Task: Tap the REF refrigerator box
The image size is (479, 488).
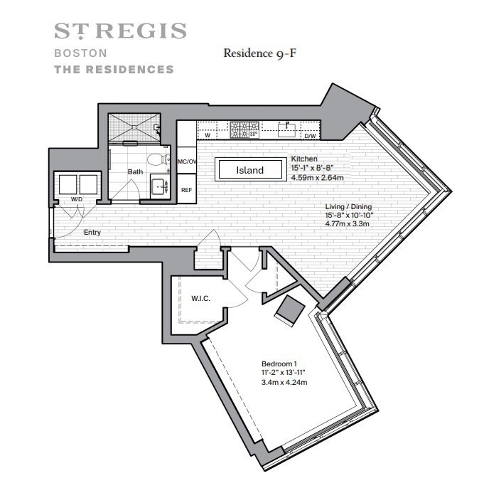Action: pyautogui.click(x=186, y=190)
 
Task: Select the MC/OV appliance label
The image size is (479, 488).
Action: pyautogui.click(x=186, y=161)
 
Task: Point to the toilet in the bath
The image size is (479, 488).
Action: pyautogui.click(x=161, y=159)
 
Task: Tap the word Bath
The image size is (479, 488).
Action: pyautogui.click(x=135, y=171)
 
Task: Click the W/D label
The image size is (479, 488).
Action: pyautogui.click(x=76, y=200)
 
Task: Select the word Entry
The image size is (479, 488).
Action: pyautogui.click(x=92, y=233)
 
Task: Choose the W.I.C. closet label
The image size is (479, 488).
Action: pyautogui.click(x=200, y=297)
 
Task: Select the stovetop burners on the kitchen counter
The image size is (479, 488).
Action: pyautogui.click(x=243, y=130)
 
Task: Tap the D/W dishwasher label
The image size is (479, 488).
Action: pyautogui.click(x=311, y=135)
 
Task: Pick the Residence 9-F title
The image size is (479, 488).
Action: pyautogui.click(x=259, y=53)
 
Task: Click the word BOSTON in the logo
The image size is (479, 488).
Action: pyautogui.click(x=80, y=53)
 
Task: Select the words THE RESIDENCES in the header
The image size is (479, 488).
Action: pyautogui.click(x=114, y=70)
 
